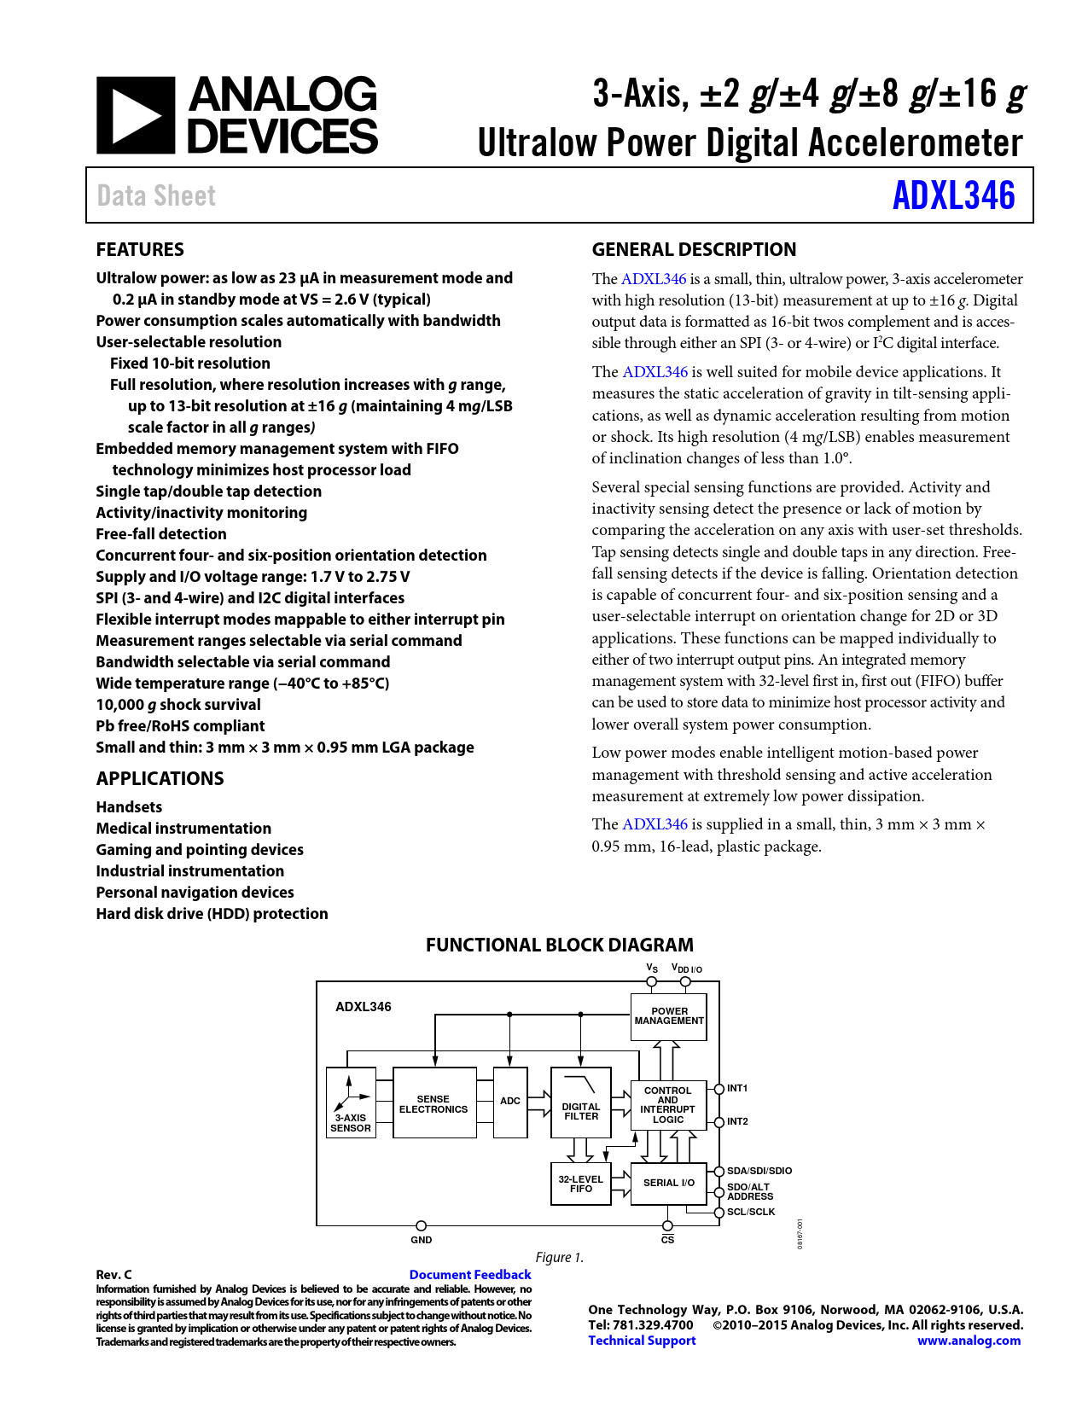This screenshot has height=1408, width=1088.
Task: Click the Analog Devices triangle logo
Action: pos(136,115)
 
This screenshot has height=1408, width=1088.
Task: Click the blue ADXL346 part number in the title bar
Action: pos(953,195)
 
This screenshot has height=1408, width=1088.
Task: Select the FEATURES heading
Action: pos(140,249)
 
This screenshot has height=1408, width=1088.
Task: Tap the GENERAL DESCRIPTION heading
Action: pos(694,249)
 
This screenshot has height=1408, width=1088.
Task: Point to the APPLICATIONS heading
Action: pos(160,778)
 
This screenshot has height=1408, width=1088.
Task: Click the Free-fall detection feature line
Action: pos(161,533)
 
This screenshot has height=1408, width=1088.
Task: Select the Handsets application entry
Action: pos(129,806)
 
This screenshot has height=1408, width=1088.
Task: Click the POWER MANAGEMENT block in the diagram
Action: pos(669,1016)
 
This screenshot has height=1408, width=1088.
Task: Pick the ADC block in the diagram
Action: pos(510,1101)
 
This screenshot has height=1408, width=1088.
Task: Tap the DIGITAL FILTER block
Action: pos(581,1103)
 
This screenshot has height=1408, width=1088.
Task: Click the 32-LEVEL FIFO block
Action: pos(581,1184)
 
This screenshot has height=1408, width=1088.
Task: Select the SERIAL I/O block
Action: pos(668,1183)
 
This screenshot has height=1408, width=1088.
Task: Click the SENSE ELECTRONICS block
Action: pos(433,1103)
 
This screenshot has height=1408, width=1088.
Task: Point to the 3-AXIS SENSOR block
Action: pos(351,1103)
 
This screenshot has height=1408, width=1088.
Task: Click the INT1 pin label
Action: pos(737,1088)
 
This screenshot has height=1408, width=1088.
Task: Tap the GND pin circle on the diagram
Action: pos(421,1225)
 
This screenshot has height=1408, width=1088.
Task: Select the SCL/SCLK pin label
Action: pos(751,1212)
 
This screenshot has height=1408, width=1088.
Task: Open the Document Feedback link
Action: pos(470,1274)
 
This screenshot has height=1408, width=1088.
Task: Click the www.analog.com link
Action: pos(969,1340)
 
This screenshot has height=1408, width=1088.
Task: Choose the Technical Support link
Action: pos(642,1340)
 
